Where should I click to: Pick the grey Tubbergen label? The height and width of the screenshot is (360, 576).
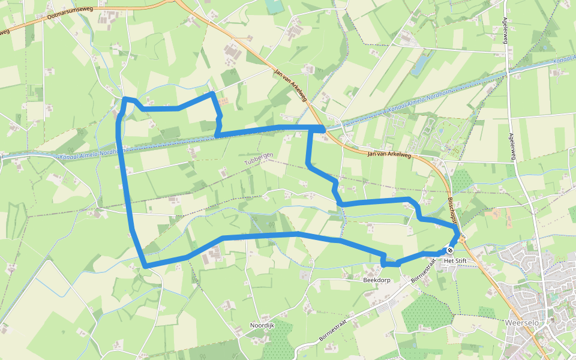point(259,159)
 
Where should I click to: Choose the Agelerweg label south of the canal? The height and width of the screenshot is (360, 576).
point(512,146)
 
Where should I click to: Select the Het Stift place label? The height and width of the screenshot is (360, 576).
point(455,261)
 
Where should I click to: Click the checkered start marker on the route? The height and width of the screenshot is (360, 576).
point(450,250)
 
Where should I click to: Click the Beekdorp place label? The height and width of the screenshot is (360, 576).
point(377,280)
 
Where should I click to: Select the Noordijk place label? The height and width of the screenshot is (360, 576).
point(262,326)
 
